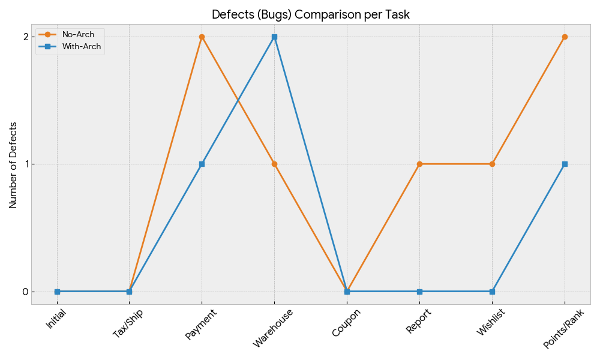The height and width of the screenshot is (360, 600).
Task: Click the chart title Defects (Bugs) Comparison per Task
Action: tap(310, 14)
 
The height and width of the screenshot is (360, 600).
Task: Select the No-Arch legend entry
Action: tap(78, 35)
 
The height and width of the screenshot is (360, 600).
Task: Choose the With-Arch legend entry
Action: tap(82, 46)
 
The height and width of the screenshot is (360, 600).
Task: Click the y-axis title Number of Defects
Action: tap(13, 165)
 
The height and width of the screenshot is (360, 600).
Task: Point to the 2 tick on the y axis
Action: tap(26, 37)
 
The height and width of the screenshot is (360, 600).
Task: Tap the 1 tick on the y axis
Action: tap(26, 164)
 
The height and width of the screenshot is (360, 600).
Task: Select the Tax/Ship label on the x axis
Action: tap(128, 323)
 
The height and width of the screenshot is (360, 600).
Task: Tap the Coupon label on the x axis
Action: tap(346, 322)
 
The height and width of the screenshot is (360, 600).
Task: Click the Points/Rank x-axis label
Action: tap(563, 329)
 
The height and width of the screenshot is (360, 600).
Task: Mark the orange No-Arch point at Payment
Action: tap(202, 37)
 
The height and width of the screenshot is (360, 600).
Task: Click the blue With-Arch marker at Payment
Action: tap(202, 164)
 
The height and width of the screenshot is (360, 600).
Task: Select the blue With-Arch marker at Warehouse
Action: tap(274, 37)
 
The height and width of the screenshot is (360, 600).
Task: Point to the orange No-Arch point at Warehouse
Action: tap(274, 164)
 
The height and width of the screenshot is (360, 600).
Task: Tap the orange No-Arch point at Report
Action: tap(419, 164)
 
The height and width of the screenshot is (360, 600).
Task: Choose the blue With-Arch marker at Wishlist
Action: tap(492, 292)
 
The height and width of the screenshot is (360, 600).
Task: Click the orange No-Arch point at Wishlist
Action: tap(492, 164)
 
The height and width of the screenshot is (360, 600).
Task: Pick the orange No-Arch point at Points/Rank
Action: tap(565, 37)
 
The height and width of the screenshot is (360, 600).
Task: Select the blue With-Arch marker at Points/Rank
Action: tap(565, 164)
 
